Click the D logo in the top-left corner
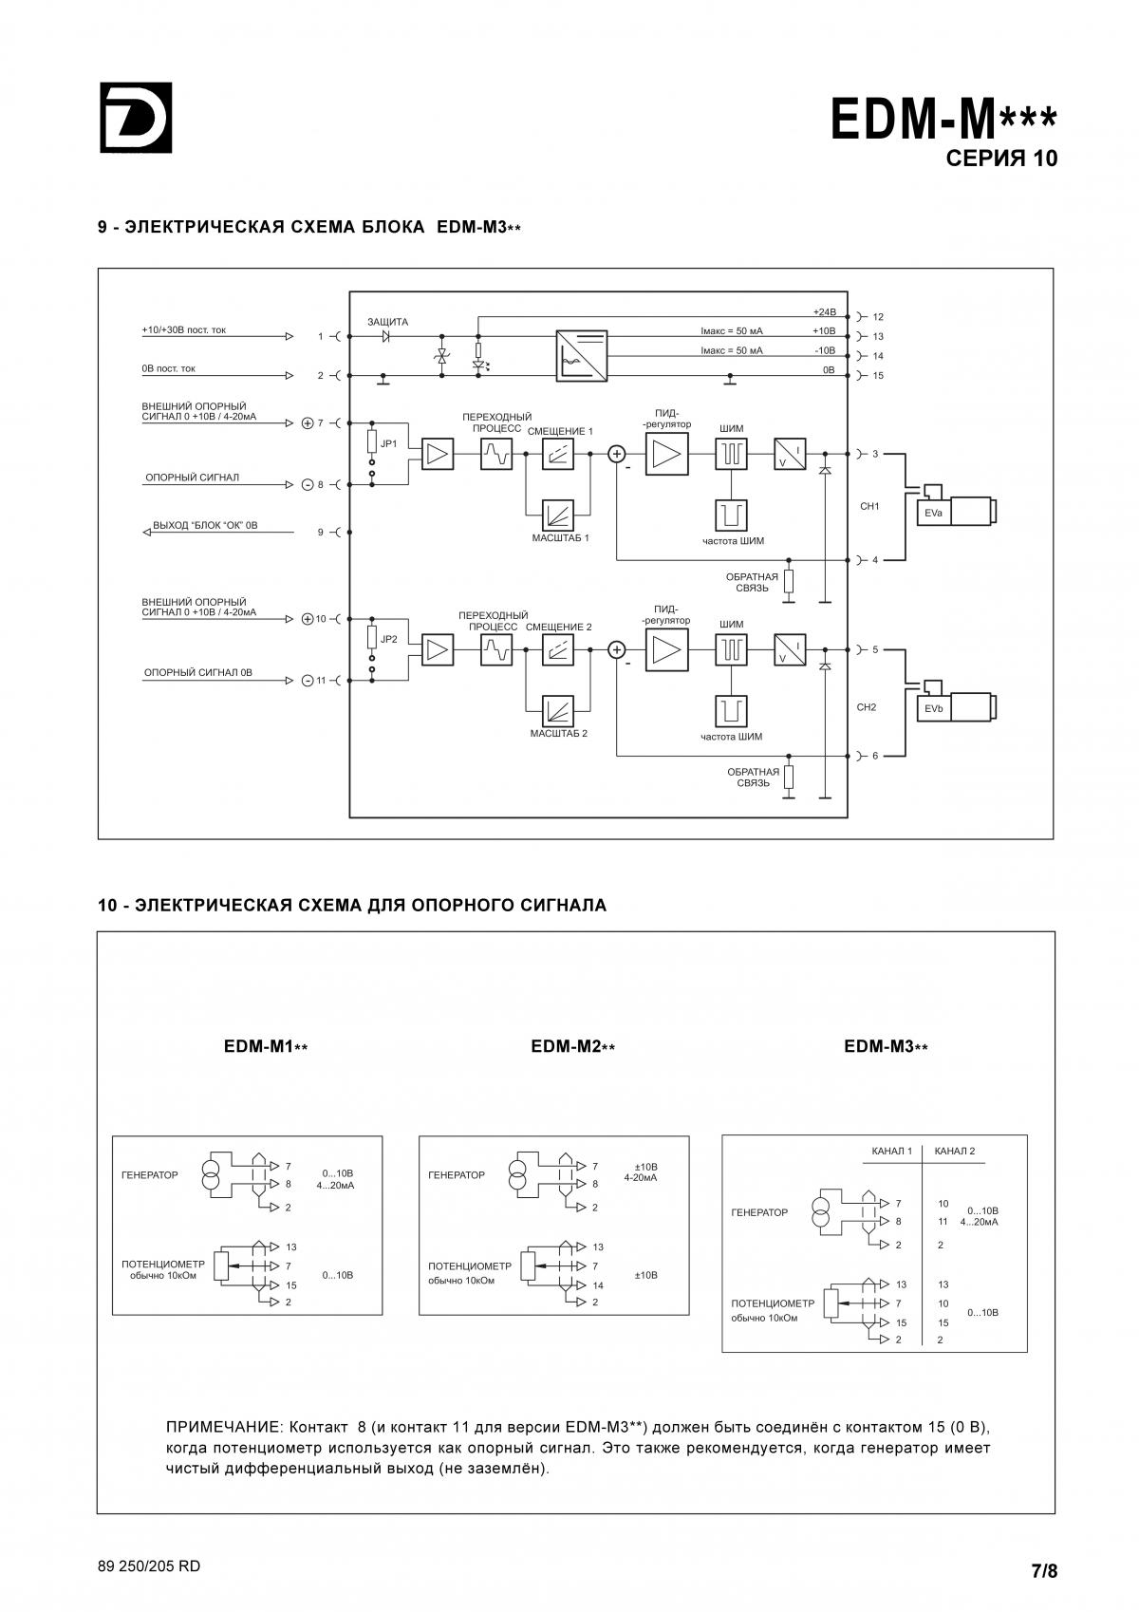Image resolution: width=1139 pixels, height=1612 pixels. coord(136,118)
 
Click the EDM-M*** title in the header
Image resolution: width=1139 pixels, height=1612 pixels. coord(943,119)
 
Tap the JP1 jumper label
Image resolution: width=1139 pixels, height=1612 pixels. coord(388,444)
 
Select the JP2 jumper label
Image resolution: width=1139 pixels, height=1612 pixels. coord(388,639)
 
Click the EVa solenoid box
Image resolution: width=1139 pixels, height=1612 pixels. coord(933,513)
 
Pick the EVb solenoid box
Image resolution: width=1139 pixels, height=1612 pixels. coord(933,709)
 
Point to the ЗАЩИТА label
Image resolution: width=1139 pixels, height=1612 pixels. coord(388,322)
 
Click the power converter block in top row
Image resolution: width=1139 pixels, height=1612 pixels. coord(582,355)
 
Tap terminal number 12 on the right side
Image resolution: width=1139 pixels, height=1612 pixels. coord(878,317)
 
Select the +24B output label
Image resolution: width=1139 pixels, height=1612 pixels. coord(825,311)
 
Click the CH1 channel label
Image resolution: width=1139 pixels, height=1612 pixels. coord(869,506)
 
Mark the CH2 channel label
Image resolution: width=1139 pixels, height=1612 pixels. coord(867,707)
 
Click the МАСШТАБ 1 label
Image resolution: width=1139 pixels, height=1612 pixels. coord(561,537)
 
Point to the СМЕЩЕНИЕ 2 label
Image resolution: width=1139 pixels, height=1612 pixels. coord(558,627)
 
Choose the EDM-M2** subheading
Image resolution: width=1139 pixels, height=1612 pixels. coord(572,1046)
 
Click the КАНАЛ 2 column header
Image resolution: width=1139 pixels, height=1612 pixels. coord(954,1151)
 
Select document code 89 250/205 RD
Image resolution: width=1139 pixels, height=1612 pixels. coord(149,1565)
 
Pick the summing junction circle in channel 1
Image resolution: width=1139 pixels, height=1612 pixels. coord(617,454)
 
